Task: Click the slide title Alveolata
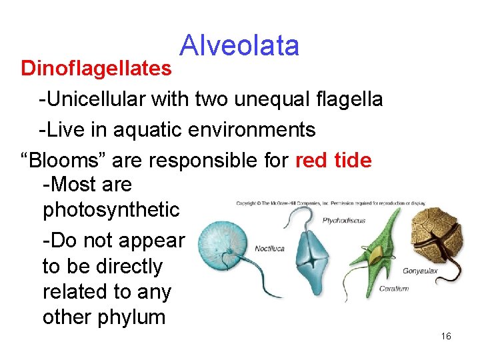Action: click(239, 45)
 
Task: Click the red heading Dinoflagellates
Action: click(96, 68)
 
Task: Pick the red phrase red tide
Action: click(333, 160)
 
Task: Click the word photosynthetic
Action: click(111, 210)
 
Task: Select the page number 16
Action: click(446, 336)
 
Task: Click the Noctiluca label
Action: click(269, 249)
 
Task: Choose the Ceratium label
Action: click(393, 289)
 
